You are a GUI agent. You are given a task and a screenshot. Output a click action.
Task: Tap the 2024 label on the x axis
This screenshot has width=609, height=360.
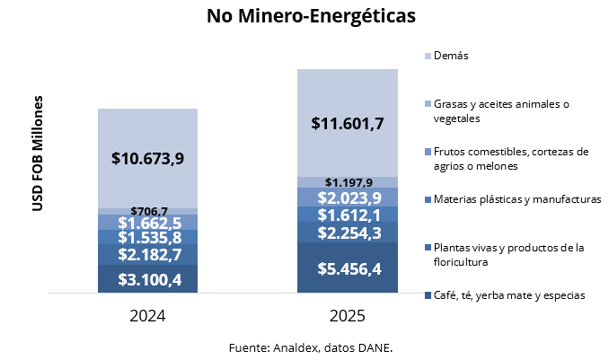[147, 316]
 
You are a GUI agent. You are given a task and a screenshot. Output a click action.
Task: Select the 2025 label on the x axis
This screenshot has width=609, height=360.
[347, 316]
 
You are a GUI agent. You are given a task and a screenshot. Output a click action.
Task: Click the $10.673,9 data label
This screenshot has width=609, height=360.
[148, 158]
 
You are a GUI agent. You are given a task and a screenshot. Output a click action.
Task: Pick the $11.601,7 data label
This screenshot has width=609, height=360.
[348, 123]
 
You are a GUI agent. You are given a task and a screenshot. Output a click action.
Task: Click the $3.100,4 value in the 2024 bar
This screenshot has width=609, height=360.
[148, 279]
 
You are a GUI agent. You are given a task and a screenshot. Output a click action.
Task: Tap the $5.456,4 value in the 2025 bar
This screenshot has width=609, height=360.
[348, 268]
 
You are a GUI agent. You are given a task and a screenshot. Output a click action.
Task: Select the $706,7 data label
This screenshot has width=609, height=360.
[148, 211]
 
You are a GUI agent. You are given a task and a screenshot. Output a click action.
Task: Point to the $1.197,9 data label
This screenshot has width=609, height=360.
[348, 182]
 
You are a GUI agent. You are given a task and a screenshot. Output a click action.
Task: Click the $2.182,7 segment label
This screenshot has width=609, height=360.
[148, 256]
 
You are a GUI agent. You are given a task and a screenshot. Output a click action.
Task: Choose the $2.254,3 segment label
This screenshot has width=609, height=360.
[348, 233]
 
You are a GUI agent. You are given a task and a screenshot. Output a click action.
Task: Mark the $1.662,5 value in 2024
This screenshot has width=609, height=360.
[148, 223]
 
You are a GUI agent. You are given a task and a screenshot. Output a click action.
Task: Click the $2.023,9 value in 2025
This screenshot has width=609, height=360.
[348, 198]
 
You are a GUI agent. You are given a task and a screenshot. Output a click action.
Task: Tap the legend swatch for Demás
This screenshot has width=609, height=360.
[427, 56]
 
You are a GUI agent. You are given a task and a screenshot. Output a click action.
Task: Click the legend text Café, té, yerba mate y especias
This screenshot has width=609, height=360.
[509, 295]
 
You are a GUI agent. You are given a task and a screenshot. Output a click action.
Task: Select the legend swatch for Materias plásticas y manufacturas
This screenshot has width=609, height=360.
[427, 199]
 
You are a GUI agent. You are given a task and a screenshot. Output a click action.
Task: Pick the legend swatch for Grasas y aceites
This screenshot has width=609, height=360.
[427, 104]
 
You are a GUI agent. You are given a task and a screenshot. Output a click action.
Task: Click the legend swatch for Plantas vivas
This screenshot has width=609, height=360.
[427, 248]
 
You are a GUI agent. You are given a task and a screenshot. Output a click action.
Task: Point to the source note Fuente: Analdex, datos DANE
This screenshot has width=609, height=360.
[311, 346]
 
